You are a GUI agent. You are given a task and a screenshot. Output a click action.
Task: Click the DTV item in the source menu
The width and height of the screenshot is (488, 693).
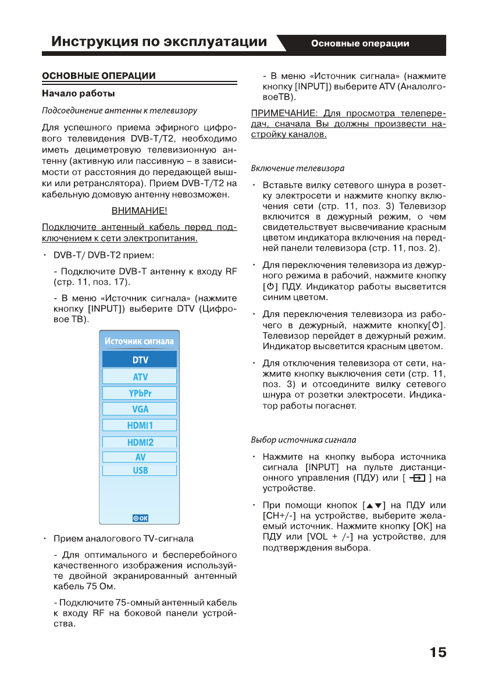140,360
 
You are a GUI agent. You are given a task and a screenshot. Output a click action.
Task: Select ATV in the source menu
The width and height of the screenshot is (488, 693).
140,376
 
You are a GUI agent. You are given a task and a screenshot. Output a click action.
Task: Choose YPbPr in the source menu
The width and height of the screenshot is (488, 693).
140,393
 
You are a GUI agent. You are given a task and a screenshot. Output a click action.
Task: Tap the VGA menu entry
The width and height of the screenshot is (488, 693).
140,409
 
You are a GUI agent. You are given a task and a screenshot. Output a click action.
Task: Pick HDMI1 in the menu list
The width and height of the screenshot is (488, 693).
140,425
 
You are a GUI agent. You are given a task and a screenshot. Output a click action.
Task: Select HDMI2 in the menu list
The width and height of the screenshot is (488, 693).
140,442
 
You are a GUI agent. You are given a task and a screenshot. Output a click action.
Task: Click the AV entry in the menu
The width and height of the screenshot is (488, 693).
140,457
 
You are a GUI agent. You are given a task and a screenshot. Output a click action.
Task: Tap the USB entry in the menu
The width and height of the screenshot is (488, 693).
140,470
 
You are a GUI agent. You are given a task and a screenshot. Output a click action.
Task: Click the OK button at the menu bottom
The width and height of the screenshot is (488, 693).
141,518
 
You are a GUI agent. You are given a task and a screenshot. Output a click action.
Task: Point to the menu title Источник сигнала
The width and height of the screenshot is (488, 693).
140,341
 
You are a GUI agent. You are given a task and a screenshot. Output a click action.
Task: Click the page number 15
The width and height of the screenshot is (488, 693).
438,652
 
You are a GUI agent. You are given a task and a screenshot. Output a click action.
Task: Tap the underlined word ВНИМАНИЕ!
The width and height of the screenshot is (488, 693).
140,210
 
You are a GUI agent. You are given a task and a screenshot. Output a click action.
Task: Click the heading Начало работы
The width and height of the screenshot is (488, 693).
79,93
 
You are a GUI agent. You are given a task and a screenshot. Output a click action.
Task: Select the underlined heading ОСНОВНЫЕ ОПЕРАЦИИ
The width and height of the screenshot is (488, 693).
99,76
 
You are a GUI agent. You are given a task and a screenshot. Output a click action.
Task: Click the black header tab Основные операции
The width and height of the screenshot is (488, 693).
360,44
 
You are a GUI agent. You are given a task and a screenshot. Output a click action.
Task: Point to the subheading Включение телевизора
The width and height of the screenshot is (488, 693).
297,168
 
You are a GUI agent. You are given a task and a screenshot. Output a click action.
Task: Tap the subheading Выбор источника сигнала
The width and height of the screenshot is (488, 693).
304,439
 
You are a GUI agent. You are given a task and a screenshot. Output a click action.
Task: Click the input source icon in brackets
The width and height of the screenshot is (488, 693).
418,478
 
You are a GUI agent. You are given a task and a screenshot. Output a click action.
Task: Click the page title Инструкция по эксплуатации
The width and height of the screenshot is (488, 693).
159,42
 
